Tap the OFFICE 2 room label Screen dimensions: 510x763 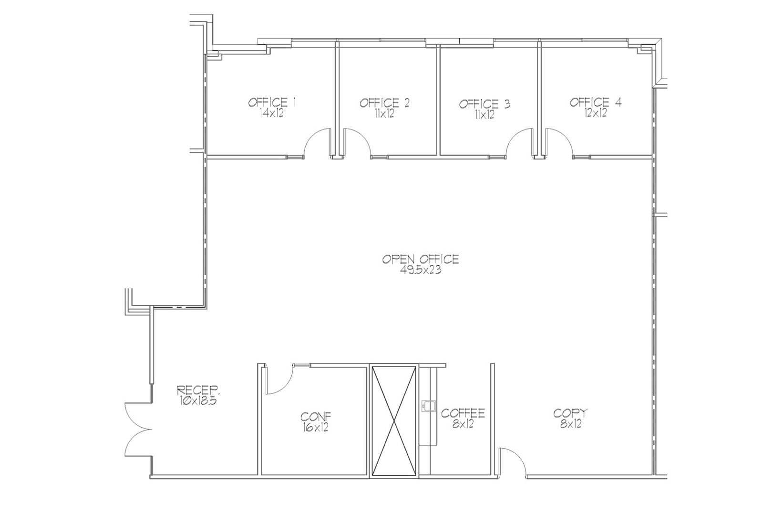tap(384, 102)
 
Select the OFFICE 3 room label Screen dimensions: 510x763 tap(485, 104)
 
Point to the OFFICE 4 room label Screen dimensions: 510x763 tap(596, 102)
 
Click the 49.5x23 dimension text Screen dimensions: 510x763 tap(421, 270)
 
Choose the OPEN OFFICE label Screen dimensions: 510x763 tap(421, 259)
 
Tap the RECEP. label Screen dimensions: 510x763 tap(199, 391)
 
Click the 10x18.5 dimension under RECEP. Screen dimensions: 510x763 tap(199, 401)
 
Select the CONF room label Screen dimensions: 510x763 tap(316, 417)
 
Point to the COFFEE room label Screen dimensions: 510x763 tap(463, 413)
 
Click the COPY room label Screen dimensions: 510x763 tap(570, 413)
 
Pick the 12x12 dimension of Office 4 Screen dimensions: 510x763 tap(596, 113)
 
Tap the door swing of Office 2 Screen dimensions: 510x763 tap(356, 142)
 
